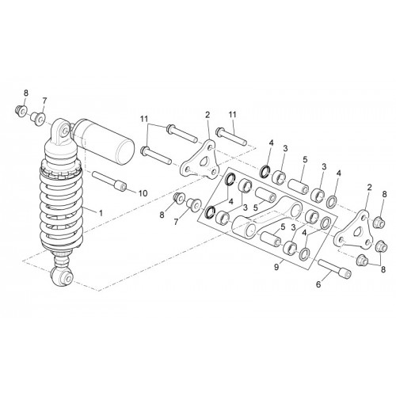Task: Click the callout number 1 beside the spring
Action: [x=101, y=213]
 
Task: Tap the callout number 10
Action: [x=143, y=193]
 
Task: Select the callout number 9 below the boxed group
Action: [x=276, y=268]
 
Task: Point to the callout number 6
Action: [x=318, y=284]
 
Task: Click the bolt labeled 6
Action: [x=335, y=268]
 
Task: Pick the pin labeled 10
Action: [x=109, y=181]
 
